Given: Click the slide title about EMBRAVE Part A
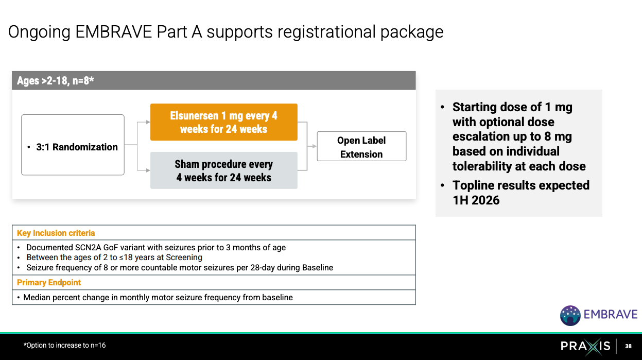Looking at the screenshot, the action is pos(225,32).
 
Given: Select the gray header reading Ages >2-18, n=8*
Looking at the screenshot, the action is pos(213,80).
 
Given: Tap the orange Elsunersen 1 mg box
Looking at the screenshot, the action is pos(223,122).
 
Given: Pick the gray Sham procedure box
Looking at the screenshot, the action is pos(223,170).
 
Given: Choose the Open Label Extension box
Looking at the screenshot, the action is pos(361,147).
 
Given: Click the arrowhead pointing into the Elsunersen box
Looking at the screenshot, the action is pos(148,122).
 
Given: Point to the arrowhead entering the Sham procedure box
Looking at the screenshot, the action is pos(148,169).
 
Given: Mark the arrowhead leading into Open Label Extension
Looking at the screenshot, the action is pos(315,146).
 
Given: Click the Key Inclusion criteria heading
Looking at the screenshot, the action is pos(56,233).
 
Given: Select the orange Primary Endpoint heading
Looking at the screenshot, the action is pos(49,282).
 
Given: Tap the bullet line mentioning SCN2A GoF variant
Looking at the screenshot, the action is pos(155,247).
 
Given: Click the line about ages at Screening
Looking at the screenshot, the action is pos(114,257).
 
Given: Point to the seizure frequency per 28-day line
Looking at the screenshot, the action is pos(179,267).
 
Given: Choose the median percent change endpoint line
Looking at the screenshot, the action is pos(158,297).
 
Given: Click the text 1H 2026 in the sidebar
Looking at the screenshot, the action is pos(476,200).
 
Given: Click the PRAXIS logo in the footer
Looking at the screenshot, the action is pos(585,346).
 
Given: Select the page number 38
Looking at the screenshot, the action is pos(628,346).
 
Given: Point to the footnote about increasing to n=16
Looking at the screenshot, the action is pos(64,345).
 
